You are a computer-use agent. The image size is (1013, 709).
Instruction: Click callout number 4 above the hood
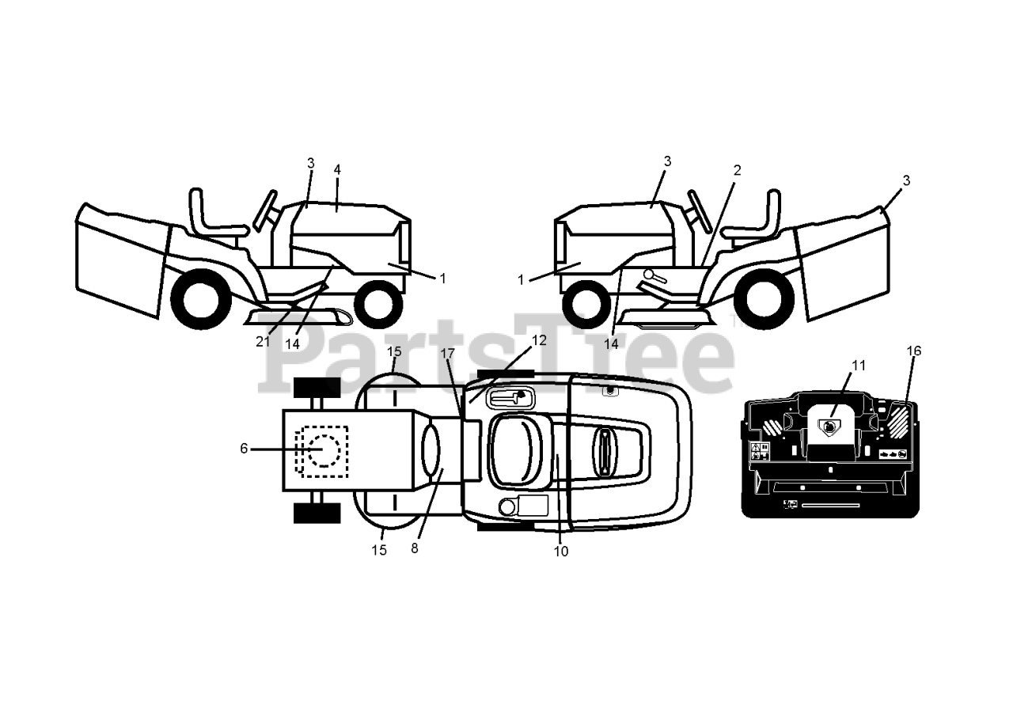click(x=337, y=169)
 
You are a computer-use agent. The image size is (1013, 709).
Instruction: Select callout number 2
click(x=737, y=170)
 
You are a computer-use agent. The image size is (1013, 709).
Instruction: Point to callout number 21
click(x=263, y=342)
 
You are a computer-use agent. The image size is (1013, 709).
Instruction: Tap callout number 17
click(x=449, y=354)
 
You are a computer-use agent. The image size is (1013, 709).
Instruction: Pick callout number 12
click(x=539, y=340)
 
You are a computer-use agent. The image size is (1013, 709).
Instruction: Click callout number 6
click(x=244, y=448)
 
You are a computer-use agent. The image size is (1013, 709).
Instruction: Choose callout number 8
click(x=415, y=548)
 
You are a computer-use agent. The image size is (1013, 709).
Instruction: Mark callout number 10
click(x=561, y=552)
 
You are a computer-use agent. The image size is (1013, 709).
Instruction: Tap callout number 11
click(x=859, y=366)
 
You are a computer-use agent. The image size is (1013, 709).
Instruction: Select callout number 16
click(x=914, y=351)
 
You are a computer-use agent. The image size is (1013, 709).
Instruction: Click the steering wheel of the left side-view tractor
click(x=265, y=209)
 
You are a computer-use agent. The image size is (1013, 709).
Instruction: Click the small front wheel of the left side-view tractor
click(x=378, y=305)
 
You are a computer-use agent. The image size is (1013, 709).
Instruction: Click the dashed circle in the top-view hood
click(x=322, y=450)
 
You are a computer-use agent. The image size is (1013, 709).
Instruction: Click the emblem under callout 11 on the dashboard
click(x=828, y=427)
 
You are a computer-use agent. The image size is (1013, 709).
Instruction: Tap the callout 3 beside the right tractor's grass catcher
click(x=906, y=180)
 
